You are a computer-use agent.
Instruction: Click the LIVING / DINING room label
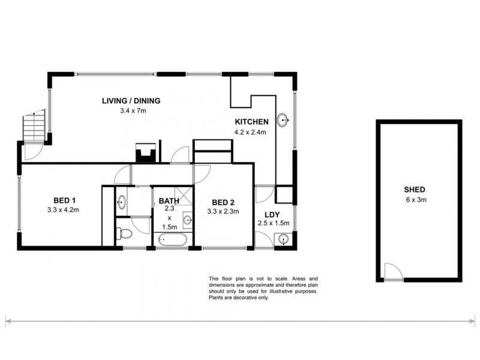131,101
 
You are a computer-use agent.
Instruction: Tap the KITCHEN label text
251,122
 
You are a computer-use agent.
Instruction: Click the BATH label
169,200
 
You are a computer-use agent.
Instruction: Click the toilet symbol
124,233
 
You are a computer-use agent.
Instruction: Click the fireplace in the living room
146,153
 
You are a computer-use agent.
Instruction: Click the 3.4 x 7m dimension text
132,111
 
